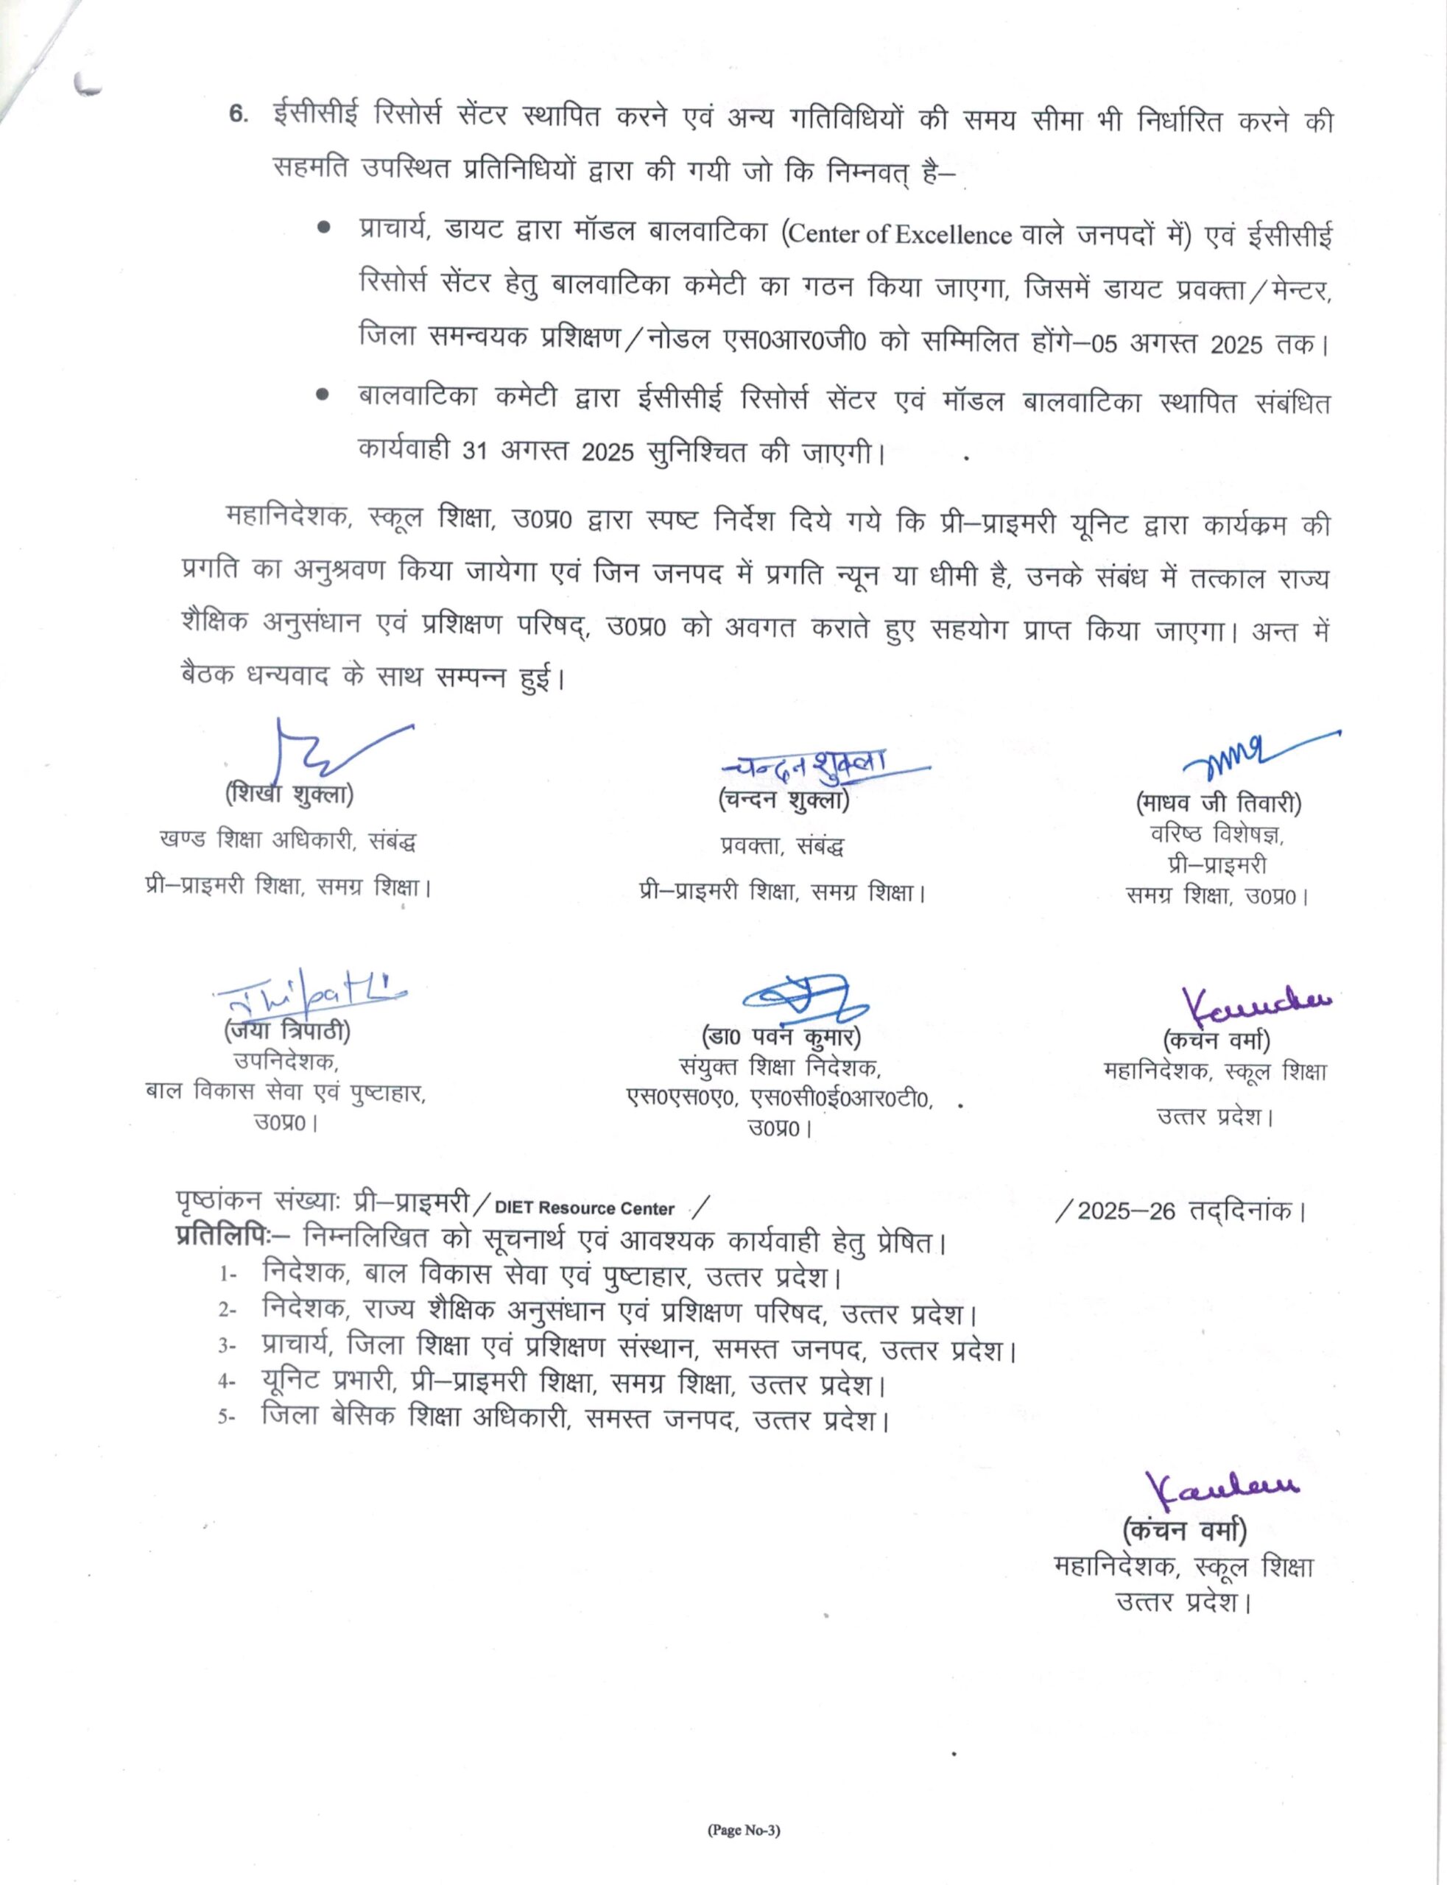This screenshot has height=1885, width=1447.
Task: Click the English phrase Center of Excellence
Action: (x=899, y=234)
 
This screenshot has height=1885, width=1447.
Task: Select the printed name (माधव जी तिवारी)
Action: (x=1218, y=804)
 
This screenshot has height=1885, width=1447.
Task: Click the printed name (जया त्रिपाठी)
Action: (x=288, y=1030)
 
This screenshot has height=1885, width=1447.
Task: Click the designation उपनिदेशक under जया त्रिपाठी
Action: (x=286, y=1062)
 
